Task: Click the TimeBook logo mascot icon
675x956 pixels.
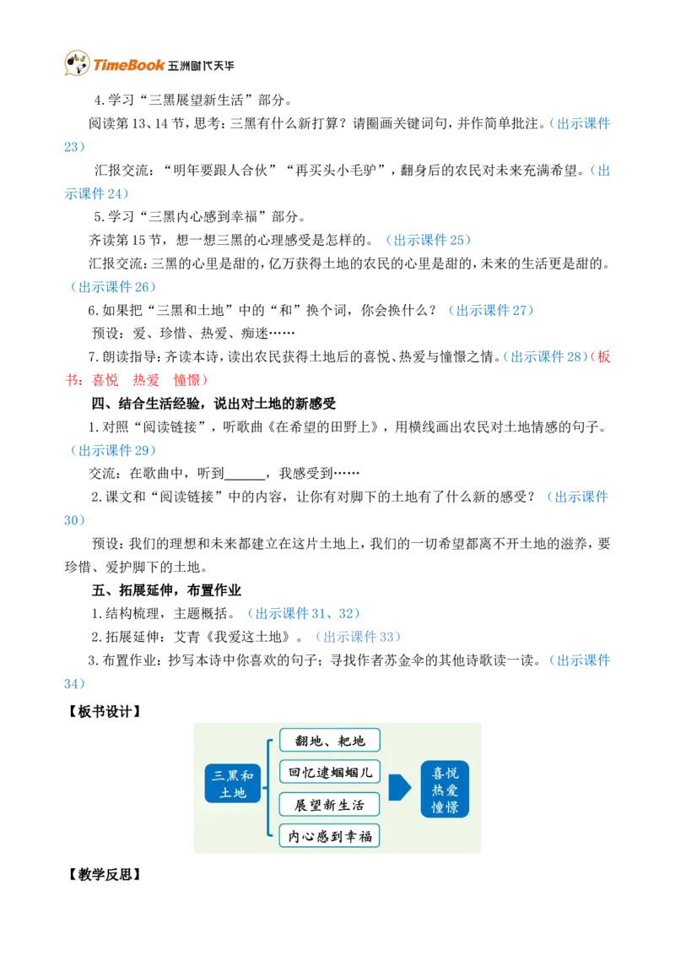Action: pos(77,63)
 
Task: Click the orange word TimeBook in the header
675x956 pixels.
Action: pos(128,65)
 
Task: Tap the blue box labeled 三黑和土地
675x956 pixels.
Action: pos(233,784)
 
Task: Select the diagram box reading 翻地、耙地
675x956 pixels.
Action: pos(330,741)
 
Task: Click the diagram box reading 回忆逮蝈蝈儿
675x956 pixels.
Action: pos(330,773)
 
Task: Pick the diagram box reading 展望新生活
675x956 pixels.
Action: pos(330,805)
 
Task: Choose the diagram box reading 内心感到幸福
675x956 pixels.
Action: pos(330,836)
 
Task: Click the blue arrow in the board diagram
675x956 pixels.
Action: pos(400,787)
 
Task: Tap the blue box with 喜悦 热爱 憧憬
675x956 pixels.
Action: pos(445,790)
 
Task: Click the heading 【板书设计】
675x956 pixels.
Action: pos(104,712)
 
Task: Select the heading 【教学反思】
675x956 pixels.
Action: pos(104,874)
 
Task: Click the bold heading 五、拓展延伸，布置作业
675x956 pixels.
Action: pos(166,590)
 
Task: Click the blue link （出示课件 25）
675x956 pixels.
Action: pos(429,240)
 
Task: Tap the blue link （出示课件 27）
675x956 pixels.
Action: pos(491,310)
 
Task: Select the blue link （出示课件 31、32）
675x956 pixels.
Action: pos(304,613)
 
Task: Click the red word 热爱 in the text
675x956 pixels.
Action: pos(146,380)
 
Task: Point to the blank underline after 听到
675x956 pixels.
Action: pos(245,475)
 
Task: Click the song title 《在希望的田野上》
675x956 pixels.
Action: pos(323,426)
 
